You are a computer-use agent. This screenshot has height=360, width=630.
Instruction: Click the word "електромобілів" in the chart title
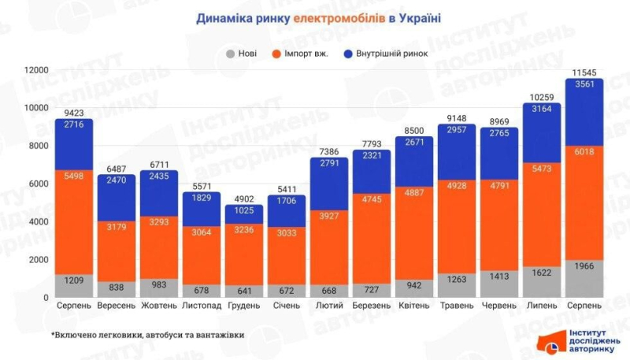339,17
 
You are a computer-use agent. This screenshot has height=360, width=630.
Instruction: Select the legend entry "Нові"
245,54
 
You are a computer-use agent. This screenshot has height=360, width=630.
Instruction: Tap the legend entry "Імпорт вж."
310,54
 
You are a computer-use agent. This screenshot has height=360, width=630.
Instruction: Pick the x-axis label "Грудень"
243,305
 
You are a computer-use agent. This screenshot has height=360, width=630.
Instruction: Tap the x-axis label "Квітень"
414,305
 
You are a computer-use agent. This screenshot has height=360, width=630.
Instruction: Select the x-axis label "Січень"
286,305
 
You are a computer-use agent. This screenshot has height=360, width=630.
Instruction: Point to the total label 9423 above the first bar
73,112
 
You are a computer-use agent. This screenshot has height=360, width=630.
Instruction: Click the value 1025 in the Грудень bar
243,211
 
